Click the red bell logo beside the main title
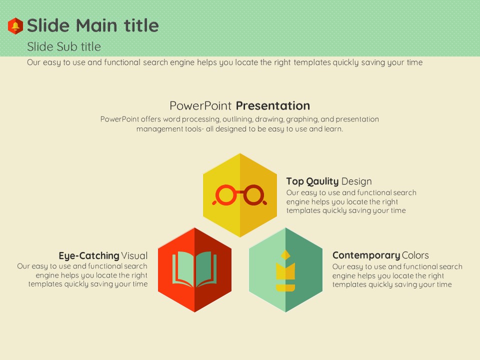[x=15, y=25]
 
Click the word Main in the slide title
[x=96, y=25]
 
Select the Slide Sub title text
[x=64, y=46]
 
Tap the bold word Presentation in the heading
[x=273, y=105]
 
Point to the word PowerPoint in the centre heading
[x=200, y=105]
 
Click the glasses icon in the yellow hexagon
[x=239, y=195]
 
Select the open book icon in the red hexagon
[x=194, y=269]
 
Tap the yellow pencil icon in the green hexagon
[x=285, y=270]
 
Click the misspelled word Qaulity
[x=322, y=181]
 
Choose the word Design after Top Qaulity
[x=356, y=181]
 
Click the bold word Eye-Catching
[x=89, y=255]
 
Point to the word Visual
[x=134, y=255]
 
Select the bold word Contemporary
[x=366, y=255]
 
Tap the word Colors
[x=415, y=255]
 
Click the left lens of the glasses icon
[x=226, y=194]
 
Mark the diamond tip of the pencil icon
[x=285, y=254]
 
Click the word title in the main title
[x=141, y=25]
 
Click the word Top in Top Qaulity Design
[x=295, y=181]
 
